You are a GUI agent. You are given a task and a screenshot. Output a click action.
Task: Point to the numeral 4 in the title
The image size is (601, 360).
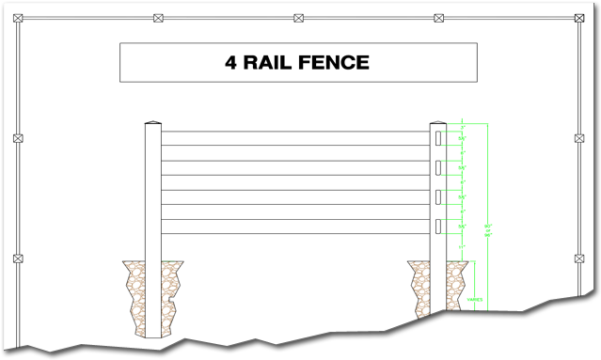230,63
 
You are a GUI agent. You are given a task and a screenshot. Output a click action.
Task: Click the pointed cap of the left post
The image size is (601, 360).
152,123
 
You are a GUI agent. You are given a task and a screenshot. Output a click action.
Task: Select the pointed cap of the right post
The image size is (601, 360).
438,123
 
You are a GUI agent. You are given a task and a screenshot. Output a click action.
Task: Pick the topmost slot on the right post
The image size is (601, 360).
438,138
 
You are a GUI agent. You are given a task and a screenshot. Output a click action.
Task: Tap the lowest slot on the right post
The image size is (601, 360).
438,226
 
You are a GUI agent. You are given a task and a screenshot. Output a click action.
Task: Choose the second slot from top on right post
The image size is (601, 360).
438,167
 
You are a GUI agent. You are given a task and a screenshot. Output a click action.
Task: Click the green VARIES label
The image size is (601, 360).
475,301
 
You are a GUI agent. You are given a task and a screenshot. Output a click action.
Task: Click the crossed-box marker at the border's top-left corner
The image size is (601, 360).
18,18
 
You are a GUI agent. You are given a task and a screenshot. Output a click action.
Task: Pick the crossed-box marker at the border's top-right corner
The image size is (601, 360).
579,18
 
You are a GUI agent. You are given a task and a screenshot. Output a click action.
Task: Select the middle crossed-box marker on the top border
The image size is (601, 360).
298,18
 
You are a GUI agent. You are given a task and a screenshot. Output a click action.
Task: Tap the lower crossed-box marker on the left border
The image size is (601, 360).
18,258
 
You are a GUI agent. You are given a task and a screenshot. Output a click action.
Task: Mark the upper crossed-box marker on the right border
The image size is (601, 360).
579,138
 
